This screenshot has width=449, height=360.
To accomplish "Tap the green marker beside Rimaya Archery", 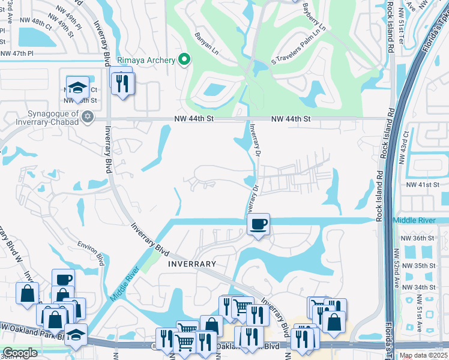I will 185,59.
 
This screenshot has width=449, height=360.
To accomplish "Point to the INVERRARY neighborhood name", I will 191,263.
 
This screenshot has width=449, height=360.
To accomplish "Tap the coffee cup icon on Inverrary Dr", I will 258,225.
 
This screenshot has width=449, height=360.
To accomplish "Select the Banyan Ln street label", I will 206,47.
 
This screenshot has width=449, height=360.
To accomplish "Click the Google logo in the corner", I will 20,353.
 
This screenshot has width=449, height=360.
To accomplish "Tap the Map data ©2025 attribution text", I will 423,355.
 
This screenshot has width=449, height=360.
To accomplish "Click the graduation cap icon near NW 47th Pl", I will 77,88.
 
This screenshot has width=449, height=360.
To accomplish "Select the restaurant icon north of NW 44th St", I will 123,83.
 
